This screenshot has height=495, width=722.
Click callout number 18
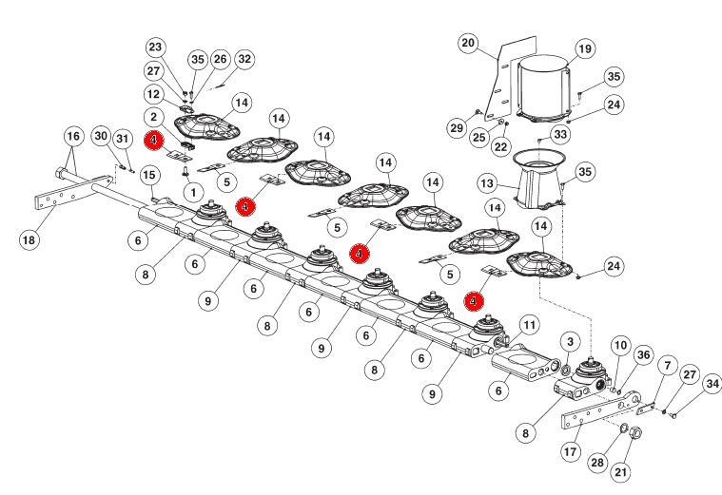point(29,239)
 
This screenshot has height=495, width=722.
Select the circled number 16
point(73,136)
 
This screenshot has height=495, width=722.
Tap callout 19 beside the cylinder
point(585,48)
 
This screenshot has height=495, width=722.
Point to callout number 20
point(468,43)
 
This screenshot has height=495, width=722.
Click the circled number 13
point(487,183)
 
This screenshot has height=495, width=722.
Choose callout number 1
point(193,192)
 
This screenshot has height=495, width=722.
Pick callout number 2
point(153,117)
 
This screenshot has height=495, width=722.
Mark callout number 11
point(530,325)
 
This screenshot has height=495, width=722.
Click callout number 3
point(571,342)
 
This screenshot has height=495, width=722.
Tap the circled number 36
point(643,354)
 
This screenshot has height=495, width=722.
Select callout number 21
point(621,471)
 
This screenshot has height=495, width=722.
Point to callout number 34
point(712,383)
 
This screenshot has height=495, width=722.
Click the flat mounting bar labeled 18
point(73,192)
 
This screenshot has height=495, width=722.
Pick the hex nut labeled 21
point(635,433)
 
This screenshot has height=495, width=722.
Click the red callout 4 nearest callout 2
point(153,141)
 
